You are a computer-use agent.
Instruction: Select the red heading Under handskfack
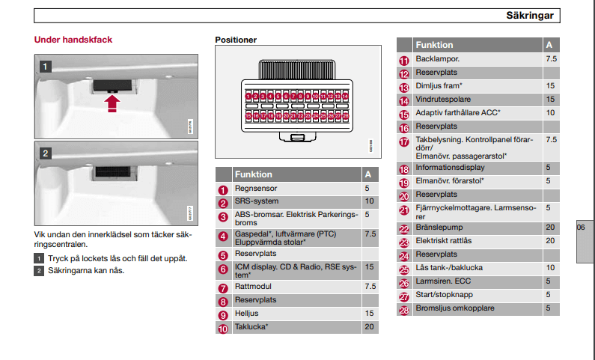tap(73, 39)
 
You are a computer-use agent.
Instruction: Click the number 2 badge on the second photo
tap(45, 153)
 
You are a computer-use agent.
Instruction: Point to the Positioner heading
tap(236, 40)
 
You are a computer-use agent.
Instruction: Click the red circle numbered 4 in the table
tap(223, 237)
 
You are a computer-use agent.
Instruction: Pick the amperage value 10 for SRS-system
tap(369, 201)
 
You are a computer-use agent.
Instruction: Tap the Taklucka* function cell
tap(251, 327)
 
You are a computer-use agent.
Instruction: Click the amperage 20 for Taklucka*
tap(369, 327)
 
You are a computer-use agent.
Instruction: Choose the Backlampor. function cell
tap(438, 58)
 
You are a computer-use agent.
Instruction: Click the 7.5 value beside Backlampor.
tap(551, 58)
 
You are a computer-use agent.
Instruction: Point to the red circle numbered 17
tap(404, 141)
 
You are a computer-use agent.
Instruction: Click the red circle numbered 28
tap(404, 309)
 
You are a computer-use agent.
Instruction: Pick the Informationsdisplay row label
tap(449, 168)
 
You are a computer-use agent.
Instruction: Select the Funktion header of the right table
tap(434, 45)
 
